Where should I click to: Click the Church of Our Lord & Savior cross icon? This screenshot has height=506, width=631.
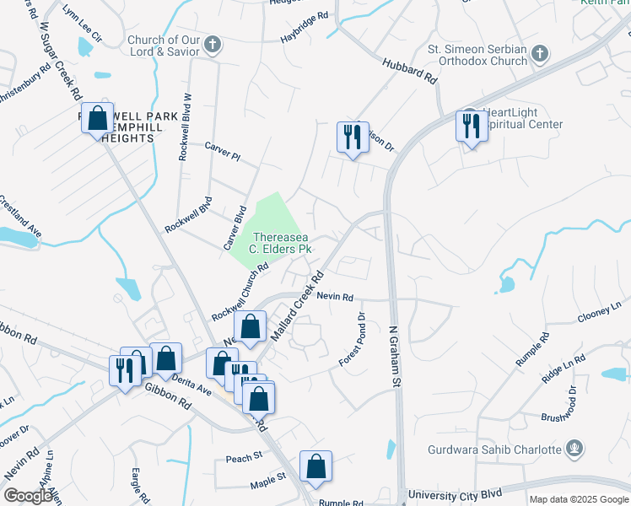213,45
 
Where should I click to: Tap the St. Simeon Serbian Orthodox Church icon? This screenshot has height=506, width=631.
539,54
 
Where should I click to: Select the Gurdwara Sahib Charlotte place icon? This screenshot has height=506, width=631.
574,448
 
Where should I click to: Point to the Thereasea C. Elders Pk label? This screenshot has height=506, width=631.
281,244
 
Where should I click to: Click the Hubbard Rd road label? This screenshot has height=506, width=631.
412,72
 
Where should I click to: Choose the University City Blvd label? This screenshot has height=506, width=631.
455,493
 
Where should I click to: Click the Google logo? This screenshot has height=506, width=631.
28,496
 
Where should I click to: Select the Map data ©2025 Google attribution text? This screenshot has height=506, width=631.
578,499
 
